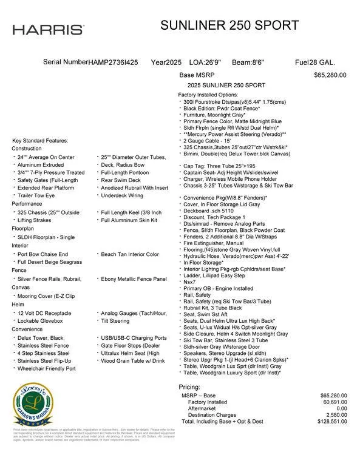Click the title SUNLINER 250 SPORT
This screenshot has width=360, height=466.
tap(229, 25)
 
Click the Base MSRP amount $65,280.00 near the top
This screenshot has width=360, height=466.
tap(330, 75)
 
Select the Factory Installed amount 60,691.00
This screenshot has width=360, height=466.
tap(333, 402)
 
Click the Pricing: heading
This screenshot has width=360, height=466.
tap(189, 387)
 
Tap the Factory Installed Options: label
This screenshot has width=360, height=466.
tap(208, 95)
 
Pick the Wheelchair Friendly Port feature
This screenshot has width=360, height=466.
tap(46, 368)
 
